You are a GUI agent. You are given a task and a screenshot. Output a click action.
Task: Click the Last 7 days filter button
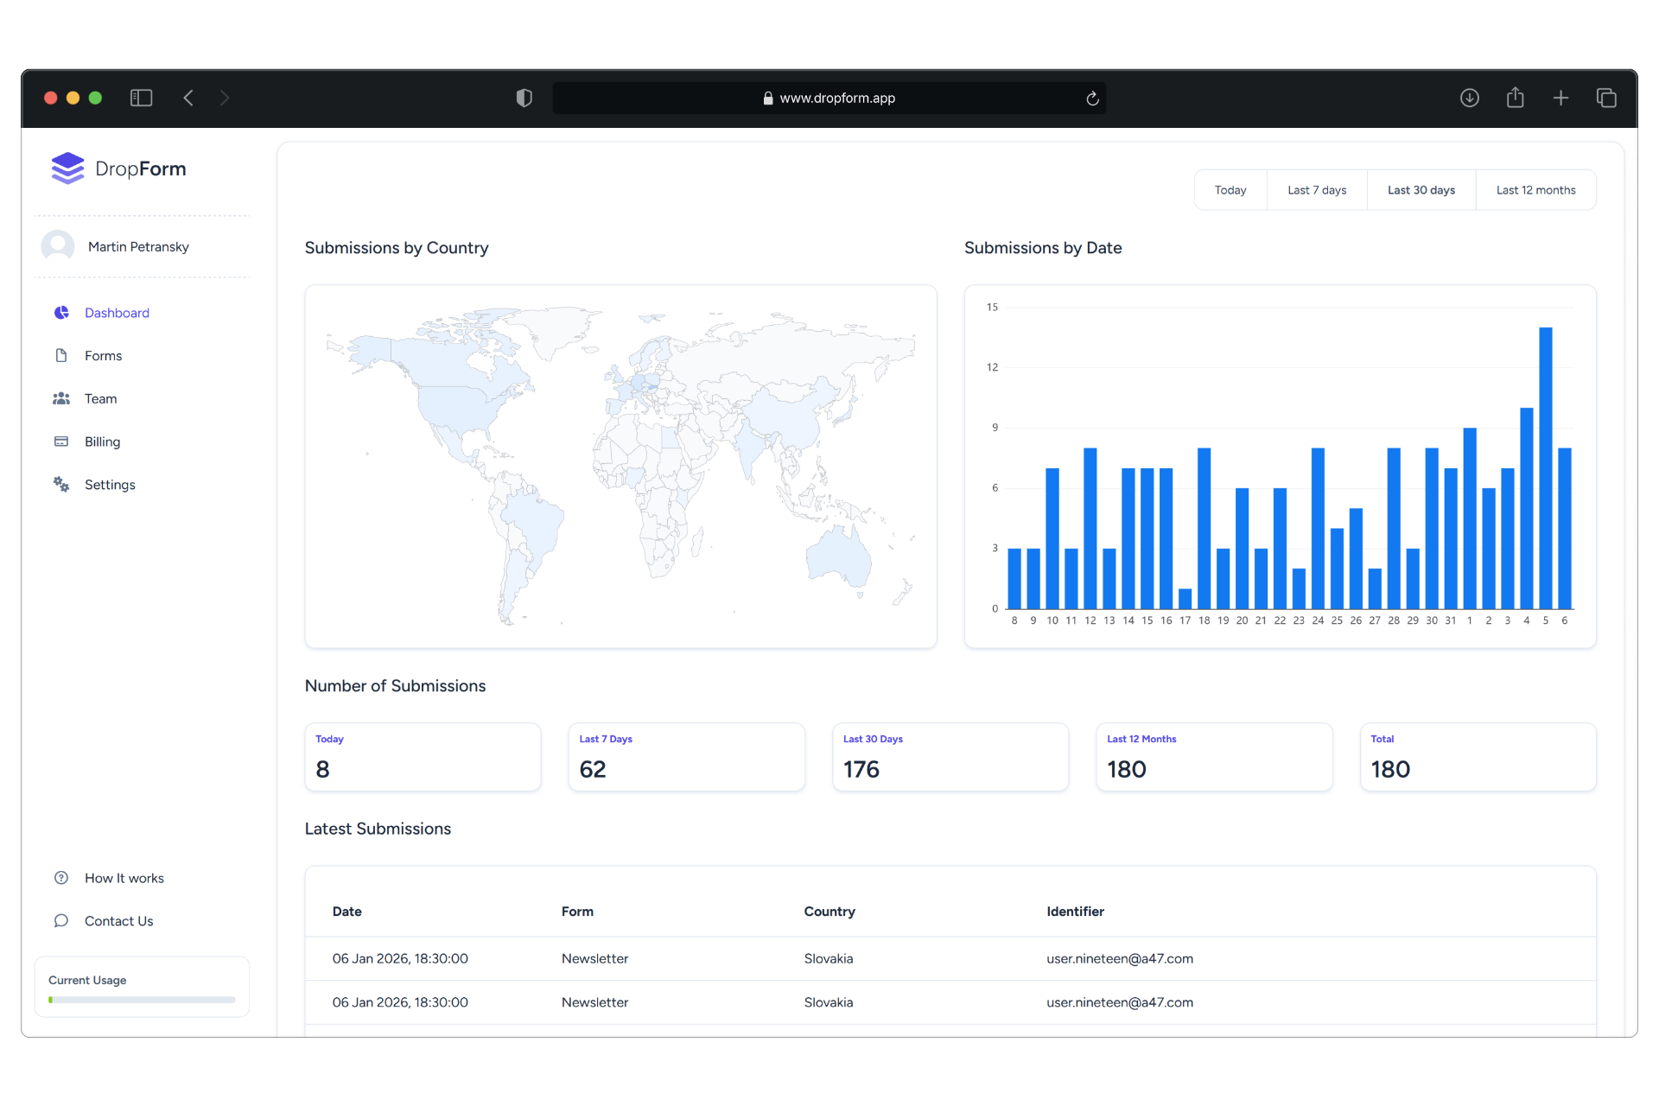tap(1316, 190)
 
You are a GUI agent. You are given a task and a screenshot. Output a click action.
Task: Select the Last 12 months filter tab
tap(1535, 190)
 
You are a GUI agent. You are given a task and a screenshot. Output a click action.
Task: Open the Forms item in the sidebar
tap(103, 356)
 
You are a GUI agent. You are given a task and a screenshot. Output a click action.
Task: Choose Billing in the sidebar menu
tap(102, 442)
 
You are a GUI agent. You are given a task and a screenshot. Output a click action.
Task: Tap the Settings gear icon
tap(61, 485)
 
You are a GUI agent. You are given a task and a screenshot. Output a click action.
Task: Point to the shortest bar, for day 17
tap(1185, 599)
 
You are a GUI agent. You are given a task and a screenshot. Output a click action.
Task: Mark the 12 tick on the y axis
tap(992, 367)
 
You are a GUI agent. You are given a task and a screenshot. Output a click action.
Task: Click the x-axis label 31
tap(1451, 620)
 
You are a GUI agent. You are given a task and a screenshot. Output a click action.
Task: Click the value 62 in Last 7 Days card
tap(593, 769)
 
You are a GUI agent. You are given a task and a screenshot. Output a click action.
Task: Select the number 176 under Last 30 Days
tap(861, 769)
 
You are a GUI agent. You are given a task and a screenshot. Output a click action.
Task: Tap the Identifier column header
tap(1075, 912)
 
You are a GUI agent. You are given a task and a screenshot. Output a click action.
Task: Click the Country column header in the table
tap(829, 912)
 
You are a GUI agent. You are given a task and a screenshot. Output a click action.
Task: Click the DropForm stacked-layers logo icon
tap(67, 168)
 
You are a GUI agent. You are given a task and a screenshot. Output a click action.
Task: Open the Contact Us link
tap(118, 921)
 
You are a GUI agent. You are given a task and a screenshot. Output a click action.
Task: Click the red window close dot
tap(51, 98)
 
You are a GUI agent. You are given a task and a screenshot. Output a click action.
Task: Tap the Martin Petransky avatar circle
tap(58, 246)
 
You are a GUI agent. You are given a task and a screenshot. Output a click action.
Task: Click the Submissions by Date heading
tap(1043, 248)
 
